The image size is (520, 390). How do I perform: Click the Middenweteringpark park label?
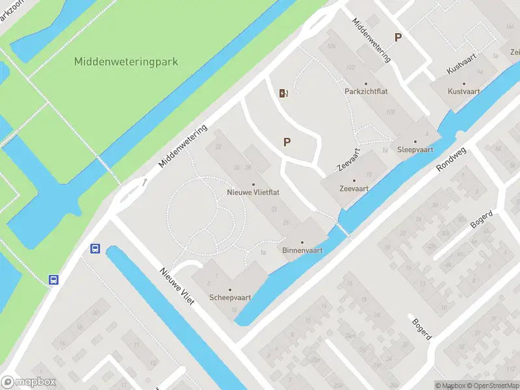click(125, 62)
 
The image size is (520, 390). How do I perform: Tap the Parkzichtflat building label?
click(366, 92)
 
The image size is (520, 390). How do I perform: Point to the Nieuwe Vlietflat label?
click(253, 192)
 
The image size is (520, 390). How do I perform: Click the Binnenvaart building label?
click(302, 250)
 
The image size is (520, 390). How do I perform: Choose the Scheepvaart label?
click(229, 298)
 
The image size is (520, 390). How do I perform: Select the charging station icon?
click(283, 93)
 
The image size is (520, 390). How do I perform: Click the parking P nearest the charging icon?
click(287, 142)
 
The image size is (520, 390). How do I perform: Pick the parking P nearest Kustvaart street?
click(398, 38)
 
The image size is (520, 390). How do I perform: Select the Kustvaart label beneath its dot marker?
click(463, 92)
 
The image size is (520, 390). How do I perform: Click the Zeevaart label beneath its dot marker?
click(354, 189)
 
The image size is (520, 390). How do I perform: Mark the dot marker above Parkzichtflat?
click(366, 83)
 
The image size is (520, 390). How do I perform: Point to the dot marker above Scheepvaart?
click(229, 289)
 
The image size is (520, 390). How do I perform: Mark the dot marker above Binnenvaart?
click(302, 242)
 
